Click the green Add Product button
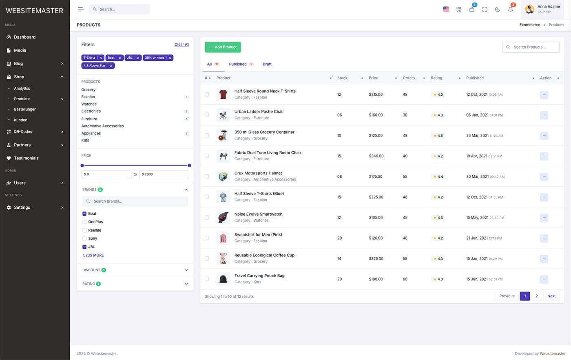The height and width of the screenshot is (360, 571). pyautogui.click(x=223, y=47)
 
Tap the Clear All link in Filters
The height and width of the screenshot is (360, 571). pyautogui.click(x=181, y=44)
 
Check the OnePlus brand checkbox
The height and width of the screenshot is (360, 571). pyautogui.click(x=84, y=222)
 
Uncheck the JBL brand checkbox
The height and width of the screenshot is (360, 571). pyautogui.click(x=84, y=247)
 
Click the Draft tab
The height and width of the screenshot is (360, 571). pyautogui.click(x=267, y=64)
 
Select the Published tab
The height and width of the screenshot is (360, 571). pyautogui.click(x=238, y=64)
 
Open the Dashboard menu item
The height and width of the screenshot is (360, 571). pyautogui.click(x=24, y=37)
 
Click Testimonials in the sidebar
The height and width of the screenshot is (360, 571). pyautogui.click(x=26, y=158)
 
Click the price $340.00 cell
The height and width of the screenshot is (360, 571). pyautogui.click(x=376, y=156)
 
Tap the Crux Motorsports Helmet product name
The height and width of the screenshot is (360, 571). pyautogui.click(x=258, y=173)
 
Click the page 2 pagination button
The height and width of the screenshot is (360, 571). pyautogui.click(x=536, y=296)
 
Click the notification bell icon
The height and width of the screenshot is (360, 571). pyautogui.click(x=511, y=9)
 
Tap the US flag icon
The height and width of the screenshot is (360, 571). pyautogui.click(x=446, y=9)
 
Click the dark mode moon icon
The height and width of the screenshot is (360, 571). pyautogui.click(x=498, y=9)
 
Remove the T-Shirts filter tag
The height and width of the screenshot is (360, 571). pyautogui.click(x=101, y=58)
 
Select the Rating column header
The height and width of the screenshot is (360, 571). pyautogui.click(x=436, y=78)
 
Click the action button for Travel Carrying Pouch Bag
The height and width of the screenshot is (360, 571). pyautogui.click(x=544, y=279)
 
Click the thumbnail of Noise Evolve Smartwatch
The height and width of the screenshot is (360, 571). pyautogui.click(x=223, y=217)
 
